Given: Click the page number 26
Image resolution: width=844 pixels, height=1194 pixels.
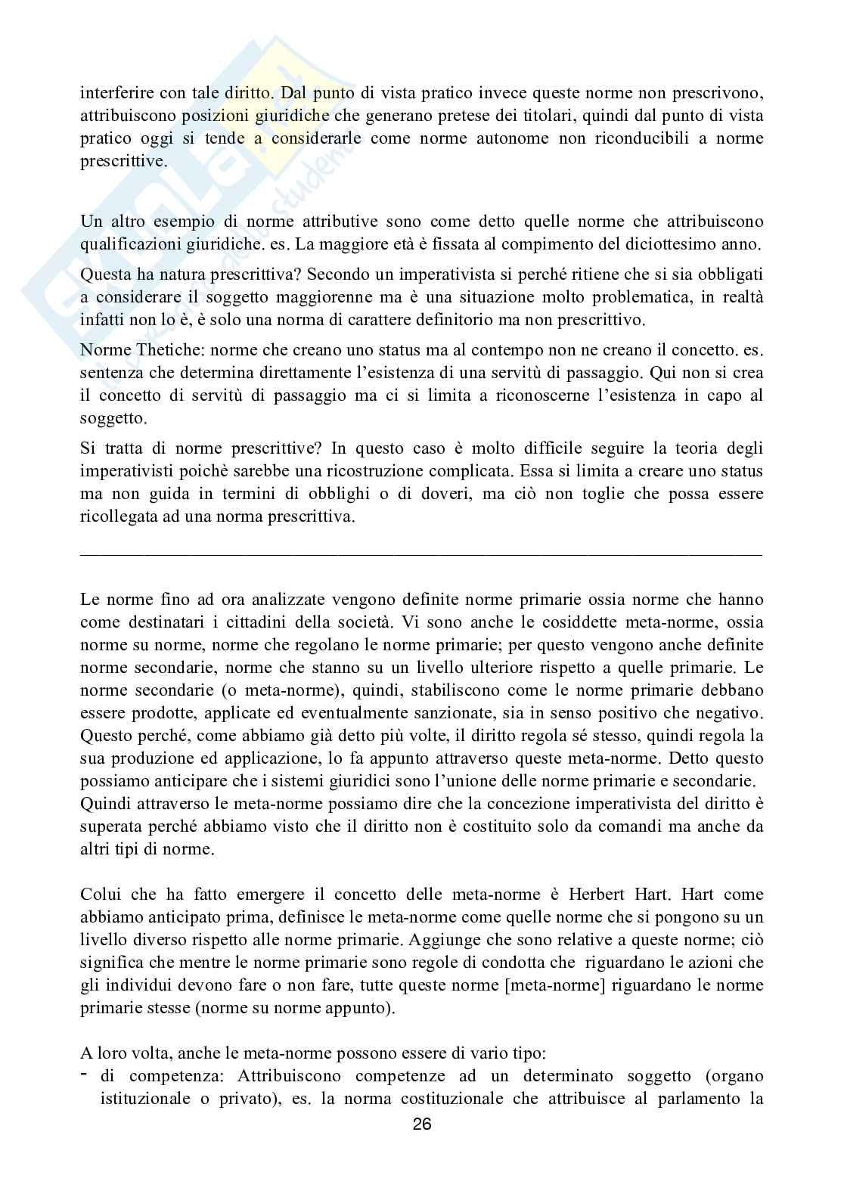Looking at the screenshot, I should (x=422, y=1124).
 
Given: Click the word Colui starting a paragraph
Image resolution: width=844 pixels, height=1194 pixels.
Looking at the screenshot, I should (x=101, y=895).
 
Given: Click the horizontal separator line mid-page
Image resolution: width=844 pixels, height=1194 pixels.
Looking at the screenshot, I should (x=421, y=555).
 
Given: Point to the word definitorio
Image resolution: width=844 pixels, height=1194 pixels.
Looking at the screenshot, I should (x=457, y=320).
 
